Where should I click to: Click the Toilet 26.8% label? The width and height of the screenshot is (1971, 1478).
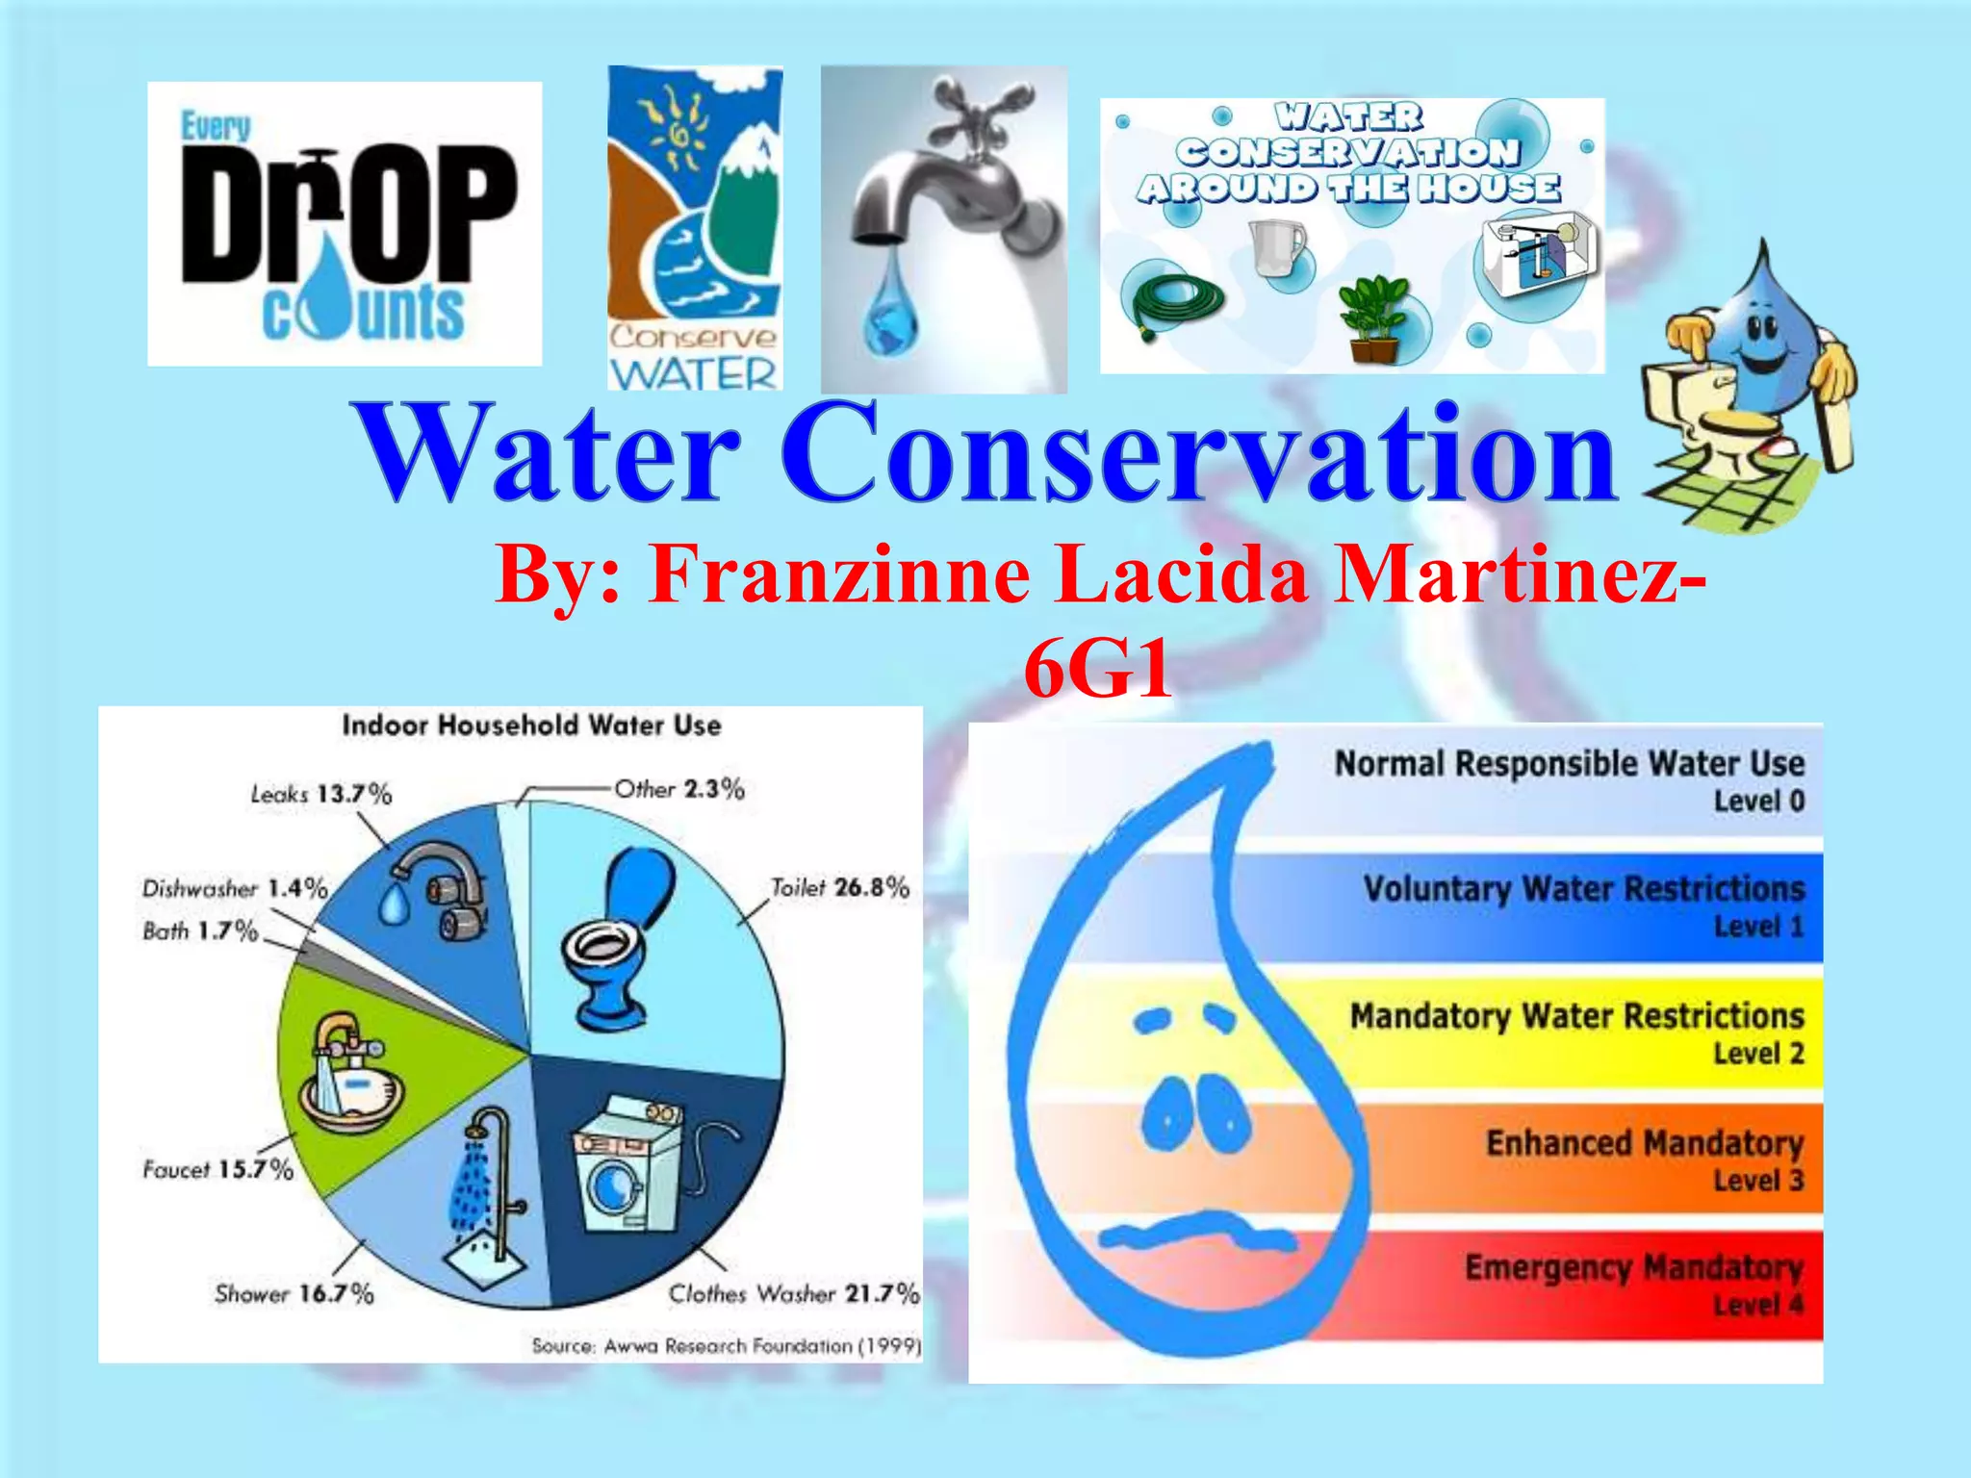(x=839, y=887)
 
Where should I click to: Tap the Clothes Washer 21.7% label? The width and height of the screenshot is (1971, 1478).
(x=794, y=1293)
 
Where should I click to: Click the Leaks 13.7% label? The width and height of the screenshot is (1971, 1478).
(x=321, y=794)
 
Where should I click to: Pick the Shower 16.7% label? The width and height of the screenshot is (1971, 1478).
(x=294, y=1293)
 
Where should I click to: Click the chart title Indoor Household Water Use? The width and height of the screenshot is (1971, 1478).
(x=531, y=726)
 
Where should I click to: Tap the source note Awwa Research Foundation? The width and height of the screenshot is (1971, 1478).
(x=727, y=1345)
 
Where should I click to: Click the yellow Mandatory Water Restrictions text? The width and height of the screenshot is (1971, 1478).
(x=1576, y=1016)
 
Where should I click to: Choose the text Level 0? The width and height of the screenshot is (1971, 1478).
(x=1758, y=801)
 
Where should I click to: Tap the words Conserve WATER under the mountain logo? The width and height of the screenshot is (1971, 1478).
(x=693, y=356)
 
